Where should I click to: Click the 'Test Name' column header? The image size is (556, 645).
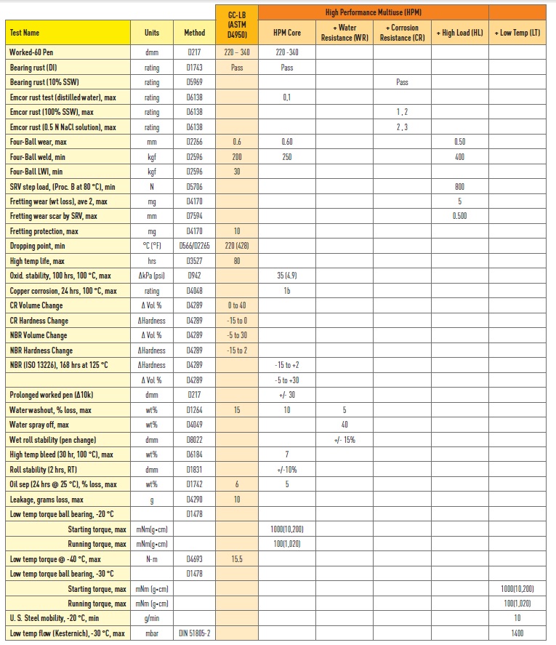pos(25,33)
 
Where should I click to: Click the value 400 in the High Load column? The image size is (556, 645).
pos(459,156)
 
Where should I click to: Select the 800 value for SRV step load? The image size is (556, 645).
pos(459,186)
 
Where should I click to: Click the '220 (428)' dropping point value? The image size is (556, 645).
pos(237,246)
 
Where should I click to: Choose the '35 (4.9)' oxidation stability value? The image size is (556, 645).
pos(287,276)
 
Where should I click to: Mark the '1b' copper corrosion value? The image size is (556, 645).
pos(287,291)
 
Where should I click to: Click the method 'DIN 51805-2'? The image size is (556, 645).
pos(194,633)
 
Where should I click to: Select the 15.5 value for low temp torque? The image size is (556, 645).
pos(237,558)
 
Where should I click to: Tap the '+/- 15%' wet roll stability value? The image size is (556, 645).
pos(345,440)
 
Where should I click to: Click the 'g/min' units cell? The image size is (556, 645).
pos(152,618)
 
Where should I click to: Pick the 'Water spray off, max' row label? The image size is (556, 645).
pos(39,425)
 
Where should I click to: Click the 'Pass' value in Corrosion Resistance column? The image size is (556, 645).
pos(402,82)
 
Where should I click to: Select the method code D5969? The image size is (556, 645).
pos(194,82)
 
